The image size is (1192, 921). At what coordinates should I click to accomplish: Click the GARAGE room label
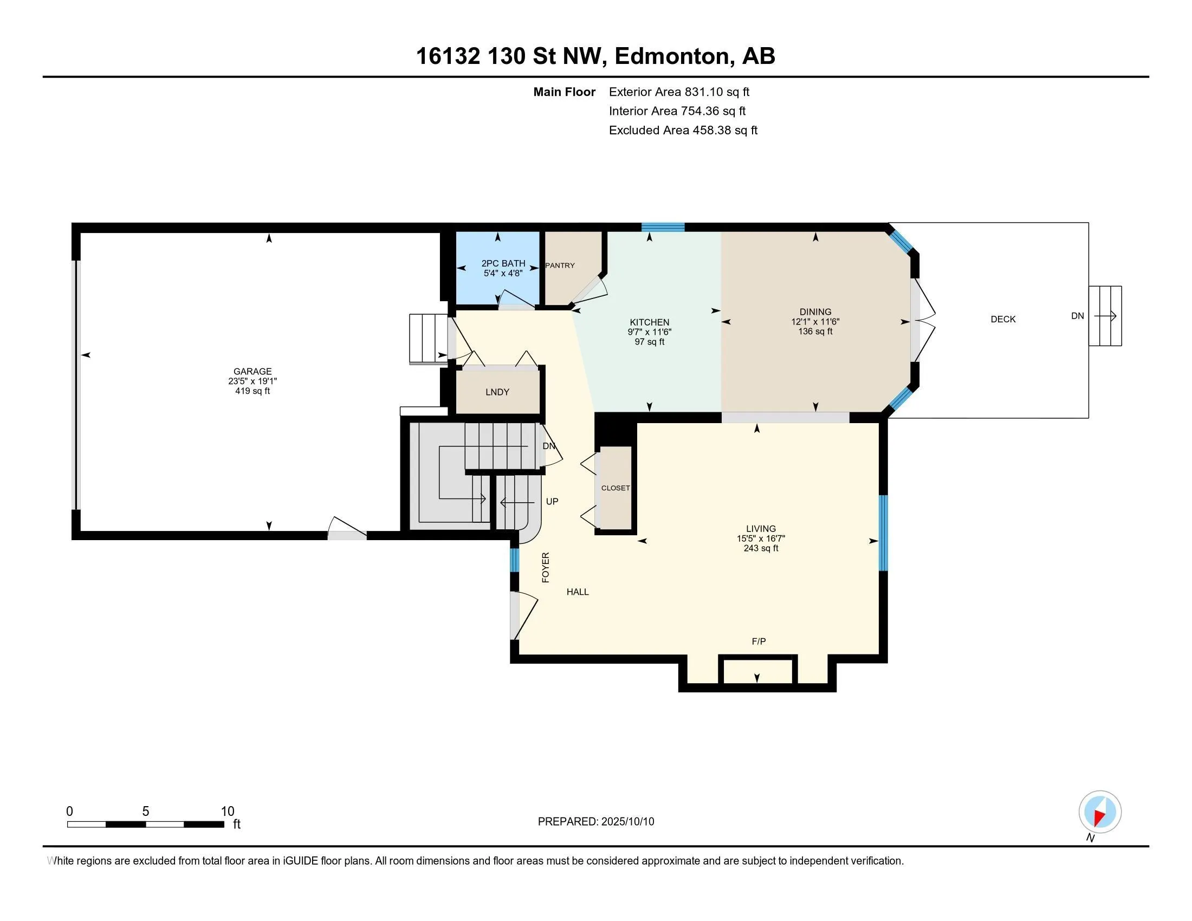(x=252, y=372)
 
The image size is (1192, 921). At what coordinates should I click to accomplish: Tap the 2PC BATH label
(x=503, y=263)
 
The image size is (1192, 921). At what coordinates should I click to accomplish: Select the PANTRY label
(x=560, y=265)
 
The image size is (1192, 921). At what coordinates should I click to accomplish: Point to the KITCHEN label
(x=650, y=322)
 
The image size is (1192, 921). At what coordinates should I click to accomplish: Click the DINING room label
(x=815, y=312)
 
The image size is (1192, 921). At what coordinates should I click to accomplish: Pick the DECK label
(x=1003, y=319)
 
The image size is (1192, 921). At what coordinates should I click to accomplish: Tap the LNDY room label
(x=497, y=392)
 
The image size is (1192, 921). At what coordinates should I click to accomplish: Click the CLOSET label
(x=616, y=488)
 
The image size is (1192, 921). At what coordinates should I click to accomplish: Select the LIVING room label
(x=761, y=529)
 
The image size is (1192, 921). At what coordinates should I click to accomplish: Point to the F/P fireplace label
(x=759, y=641)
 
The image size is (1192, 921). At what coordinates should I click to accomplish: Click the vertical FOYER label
(x=545, y=567)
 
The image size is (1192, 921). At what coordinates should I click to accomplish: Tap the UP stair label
(x=552, y=502)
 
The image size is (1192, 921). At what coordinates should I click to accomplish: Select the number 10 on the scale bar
(x=228, y=812)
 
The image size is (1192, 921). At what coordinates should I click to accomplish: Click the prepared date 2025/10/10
(x=627, y=822)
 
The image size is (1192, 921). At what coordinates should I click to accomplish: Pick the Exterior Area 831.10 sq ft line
(x=679, y=92)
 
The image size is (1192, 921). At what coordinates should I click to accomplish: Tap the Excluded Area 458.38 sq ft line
(x=683, y=131)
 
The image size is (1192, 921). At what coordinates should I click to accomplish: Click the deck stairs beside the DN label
(x=1105, y=316)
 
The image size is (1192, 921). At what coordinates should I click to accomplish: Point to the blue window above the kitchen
(x=663, y=228)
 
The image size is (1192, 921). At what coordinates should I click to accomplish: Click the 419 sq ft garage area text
(x=252, y=391)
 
